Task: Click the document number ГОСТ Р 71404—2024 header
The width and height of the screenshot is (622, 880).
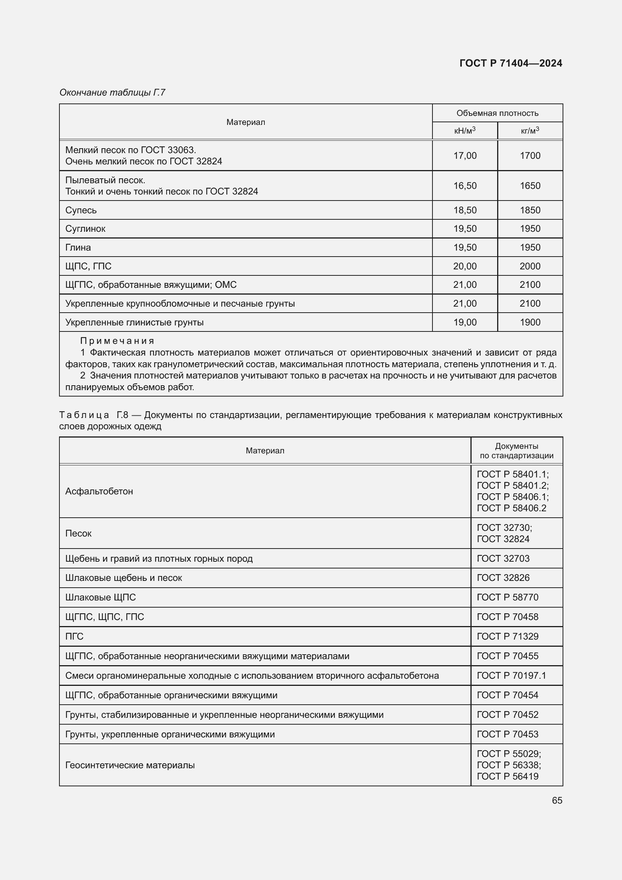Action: click(x=511, y=63)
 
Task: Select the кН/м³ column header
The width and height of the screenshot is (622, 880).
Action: click(x=464, y=131)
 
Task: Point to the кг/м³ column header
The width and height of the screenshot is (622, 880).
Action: click(x=530, y=131)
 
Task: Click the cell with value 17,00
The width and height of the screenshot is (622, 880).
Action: click(x=464, y=156)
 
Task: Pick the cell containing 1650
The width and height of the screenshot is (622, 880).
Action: click(x=530, y=186)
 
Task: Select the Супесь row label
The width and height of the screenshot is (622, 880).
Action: click(x=81, y=210)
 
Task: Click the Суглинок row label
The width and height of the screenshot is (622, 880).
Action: click(x=85, y=229)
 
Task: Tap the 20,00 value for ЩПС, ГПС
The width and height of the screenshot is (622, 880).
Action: click(x=464, y=266)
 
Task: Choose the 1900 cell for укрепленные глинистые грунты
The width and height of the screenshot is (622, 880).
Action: click(x=530, y=322)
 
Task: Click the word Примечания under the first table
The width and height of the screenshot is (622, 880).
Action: click(x=117, y=341)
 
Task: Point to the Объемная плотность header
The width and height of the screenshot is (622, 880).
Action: click(x=497, y=113)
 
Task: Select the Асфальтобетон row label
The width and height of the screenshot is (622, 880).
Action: click(x=99, y=491)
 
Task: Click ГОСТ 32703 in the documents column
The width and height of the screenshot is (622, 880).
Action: click(x=503, y=558)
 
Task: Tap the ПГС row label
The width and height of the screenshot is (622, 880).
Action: click(x=74, y=636)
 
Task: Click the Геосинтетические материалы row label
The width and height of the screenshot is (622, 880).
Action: click(x=130, y=765)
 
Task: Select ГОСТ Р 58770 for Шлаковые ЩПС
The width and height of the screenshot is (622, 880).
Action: click(x=507, y=597)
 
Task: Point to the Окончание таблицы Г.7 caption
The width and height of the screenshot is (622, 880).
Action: click(x=112, y=93)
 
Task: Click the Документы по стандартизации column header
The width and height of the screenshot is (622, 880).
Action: click(x=516, y=451)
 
